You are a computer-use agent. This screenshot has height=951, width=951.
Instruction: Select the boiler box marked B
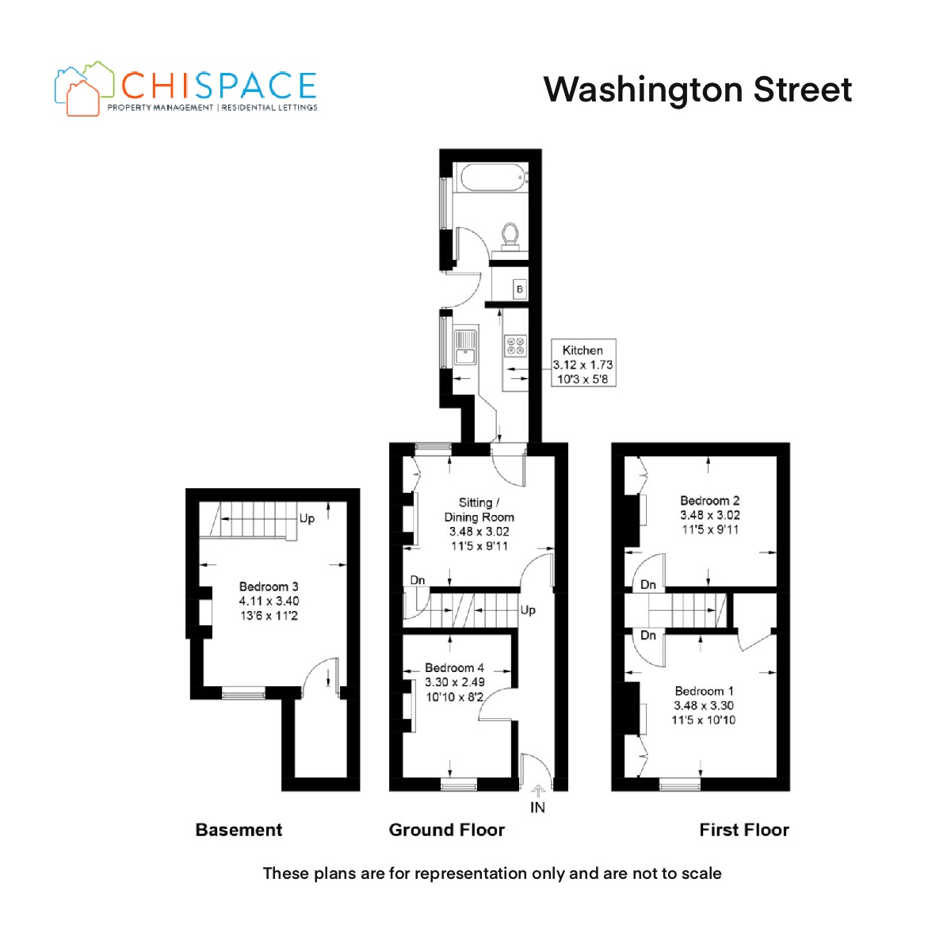coord(519,288)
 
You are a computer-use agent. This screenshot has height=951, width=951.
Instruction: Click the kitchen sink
coord(465,346)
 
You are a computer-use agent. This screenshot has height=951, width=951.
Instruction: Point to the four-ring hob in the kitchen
coord(515,345)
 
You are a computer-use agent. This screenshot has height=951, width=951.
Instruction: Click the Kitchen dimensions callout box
coord(582,363)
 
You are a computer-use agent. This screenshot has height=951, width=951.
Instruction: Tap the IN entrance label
coord(537,808)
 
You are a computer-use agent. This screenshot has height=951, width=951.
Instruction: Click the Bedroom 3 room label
coord(269,601)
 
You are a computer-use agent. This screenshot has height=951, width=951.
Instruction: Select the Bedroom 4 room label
coord(455,682)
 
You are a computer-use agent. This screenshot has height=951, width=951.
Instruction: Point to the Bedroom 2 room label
coord(709,515)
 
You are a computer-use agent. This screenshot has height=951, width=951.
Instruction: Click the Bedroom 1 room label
coord(704,705)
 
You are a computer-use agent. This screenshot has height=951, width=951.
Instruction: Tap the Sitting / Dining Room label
coord(479,524)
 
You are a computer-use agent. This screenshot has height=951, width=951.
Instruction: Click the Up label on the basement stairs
coord(307,518)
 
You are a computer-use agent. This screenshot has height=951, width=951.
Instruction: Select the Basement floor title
coord(239,830)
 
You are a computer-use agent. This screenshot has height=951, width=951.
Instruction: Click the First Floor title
coord(744,830)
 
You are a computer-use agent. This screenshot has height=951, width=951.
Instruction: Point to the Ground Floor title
coord(447,830)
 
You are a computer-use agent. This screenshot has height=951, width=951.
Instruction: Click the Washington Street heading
coord(698,90)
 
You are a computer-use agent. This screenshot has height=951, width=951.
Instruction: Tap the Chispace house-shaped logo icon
coord(83,88)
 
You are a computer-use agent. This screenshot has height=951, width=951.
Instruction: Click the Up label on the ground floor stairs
coord(528,610)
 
